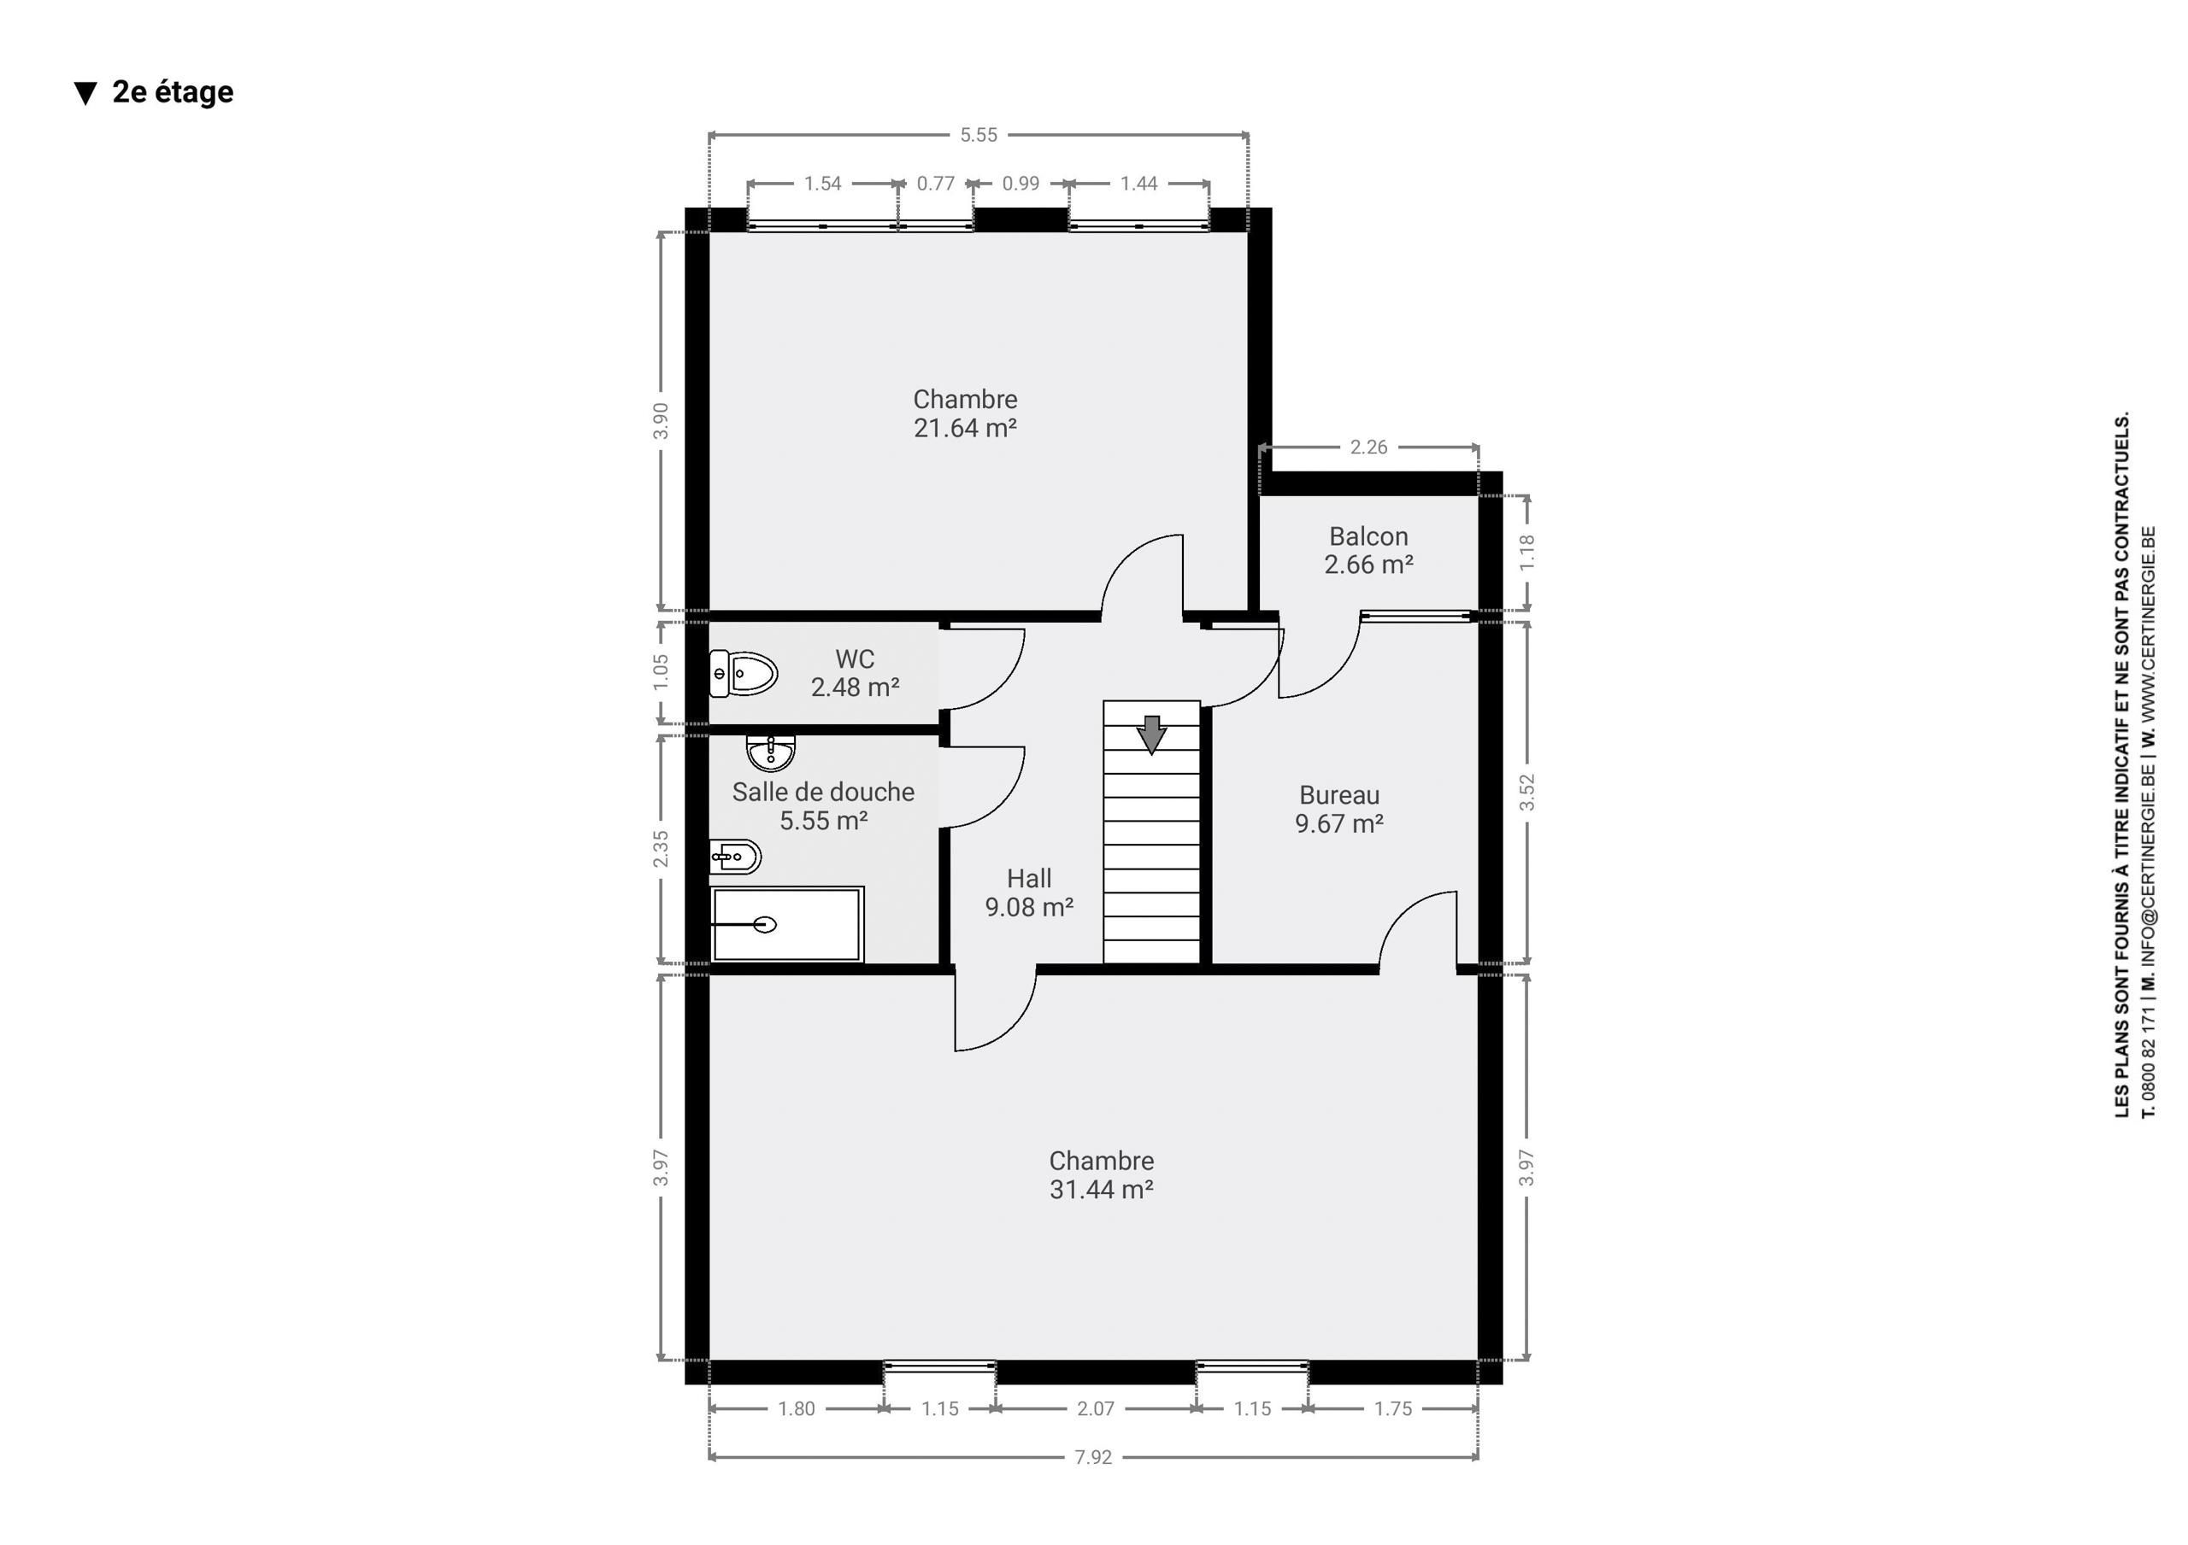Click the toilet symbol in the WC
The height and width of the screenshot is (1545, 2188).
point(744,674)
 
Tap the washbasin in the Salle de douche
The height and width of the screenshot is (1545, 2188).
point(770,752)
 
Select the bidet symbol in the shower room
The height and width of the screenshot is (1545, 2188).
point(735,857)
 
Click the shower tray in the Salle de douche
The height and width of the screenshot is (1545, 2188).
point(787,924)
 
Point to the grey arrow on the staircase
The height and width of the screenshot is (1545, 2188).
point(1152,734)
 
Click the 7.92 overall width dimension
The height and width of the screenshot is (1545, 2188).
point(1093,1456)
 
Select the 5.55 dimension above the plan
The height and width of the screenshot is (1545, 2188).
point(979,135)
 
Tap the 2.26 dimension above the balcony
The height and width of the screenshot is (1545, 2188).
point(1368,447)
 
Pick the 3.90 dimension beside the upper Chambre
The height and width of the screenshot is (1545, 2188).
point(661,421)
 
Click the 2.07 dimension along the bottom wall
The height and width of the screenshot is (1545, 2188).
point(1095,1407)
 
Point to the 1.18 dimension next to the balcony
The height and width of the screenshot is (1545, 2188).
point(1526,553)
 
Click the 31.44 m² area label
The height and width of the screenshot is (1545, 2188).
point(1102,1189)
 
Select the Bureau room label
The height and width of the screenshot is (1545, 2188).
point(1339,795)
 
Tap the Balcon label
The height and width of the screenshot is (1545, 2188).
point(1368,536)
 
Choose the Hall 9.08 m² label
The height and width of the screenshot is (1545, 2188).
point(1029,892)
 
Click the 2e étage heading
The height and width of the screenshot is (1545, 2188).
point(173,91)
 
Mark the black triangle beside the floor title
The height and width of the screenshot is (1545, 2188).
point(85,93)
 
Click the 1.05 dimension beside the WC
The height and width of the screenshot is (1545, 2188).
point(661,672)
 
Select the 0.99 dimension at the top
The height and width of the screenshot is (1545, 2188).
point(1020,183)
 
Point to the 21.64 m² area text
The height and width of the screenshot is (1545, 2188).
point(965,429)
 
